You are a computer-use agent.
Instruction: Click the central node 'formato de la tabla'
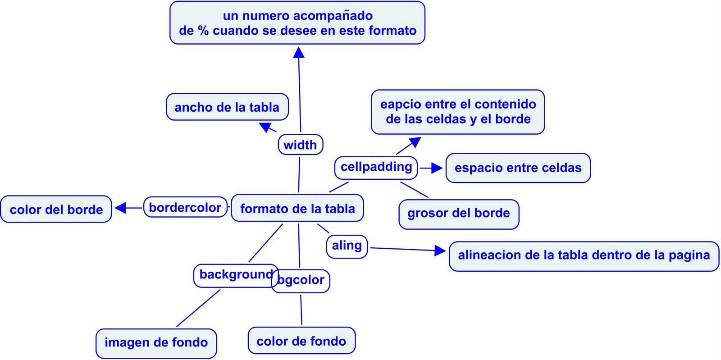(297, 208)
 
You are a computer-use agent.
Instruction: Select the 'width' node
(300, 145)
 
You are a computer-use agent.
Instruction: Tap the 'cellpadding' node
(376, 167)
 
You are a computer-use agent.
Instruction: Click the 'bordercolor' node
(185, 207)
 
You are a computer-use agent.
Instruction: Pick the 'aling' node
(347, 246)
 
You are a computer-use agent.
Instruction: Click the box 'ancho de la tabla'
(227, 107)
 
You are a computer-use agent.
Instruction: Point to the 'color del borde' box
(56, 210)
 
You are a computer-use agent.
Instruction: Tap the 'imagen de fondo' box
(156, 343)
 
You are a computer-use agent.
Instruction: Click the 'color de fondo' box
(301, 341)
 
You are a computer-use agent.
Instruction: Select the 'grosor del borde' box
(459, 214)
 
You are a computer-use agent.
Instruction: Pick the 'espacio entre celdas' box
(518, 168)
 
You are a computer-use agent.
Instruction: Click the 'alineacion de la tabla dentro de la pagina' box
(584, 255)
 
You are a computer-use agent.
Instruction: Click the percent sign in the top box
(203, 31)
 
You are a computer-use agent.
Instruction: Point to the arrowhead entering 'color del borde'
(120, 208)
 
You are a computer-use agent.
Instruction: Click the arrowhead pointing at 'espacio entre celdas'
(437, 168)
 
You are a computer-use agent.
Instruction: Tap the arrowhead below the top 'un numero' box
(299, 53)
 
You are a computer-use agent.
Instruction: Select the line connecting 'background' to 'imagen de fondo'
(198, 308)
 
